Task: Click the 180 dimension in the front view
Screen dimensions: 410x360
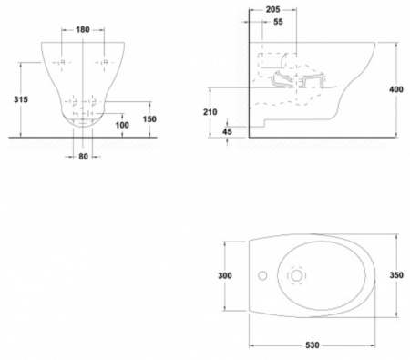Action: point(83,30)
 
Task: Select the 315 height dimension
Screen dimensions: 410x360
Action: point(21,99)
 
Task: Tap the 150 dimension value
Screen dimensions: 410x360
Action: point(149,119)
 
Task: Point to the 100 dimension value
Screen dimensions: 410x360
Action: point(122,125)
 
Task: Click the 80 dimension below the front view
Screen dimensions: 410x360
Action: point(83,157)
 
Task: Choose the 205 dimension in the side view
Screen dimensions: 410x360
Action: point(272,10)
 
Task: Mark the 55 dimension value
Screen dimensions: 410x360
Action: point(278,22)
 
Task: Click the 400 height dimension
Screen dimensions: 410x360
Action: point(396,89)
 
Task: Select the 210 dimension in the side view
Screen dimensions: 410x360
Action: point(210,112)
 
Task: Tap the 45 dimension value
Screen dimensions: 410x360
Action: point(227,131)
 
